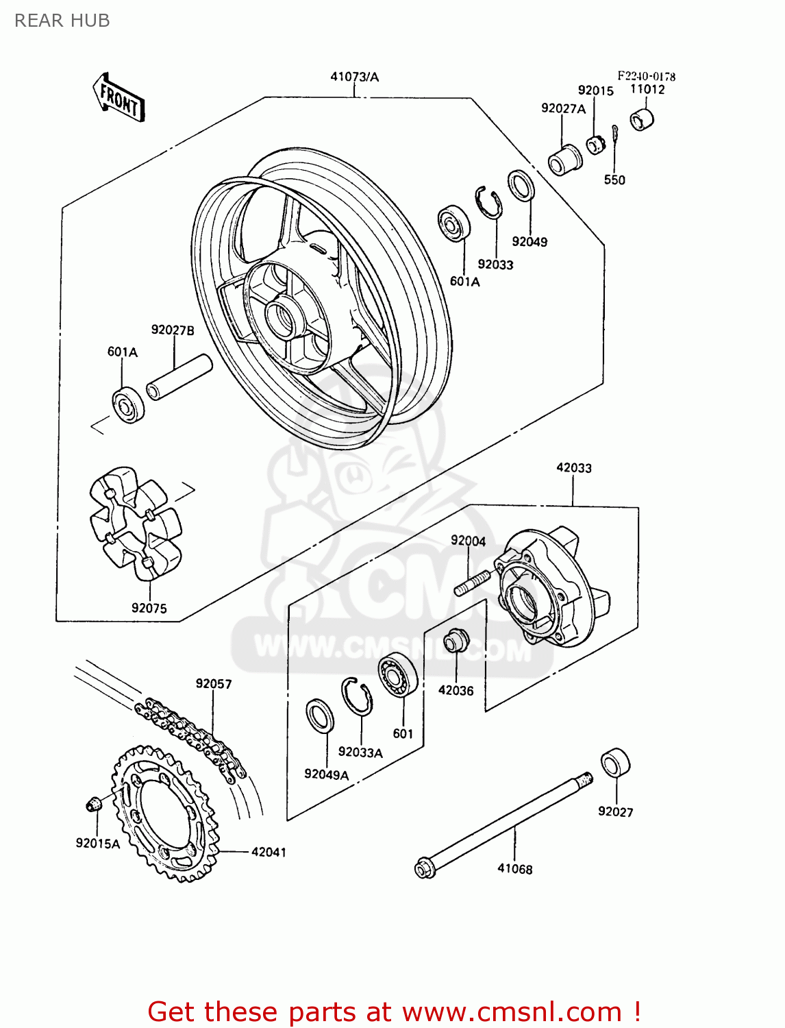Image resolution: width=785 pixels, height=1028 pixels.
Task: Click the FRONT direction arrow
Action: (119, 98)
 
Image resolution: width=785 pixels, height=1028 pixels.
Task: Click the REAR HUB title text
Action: (62, 21)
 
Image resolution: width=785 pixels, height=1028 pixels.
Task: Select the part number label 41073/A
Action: (354, 77)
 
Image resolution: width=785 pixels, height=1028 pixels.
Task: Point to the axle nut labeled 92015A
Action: (93, 804)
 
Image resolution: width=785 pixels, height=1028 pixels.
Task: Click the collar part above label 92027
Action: (615, 763)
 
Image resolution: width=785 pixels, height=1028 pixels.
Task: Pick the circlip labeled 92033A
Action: (357, 696)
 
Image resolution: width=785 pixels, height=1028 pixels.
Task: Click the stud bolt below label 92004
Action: (472, 583)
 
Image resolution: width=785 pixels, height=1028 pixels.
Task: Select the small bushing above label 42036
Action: (454, 641)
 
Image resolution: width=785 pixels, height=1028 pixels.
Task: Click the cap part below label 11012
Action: (642, 119)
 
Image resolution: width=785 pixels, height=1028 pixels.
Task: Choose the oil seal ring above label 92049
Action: (521, 185)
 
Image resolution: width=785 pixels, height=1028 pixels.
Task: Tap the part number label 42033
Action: (573, 467)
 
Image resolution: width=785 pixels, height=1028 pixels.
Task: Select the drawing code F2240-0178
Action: (646, 76)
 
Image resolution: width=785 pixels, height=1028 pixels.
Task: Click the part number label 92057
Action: (214, 683)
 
